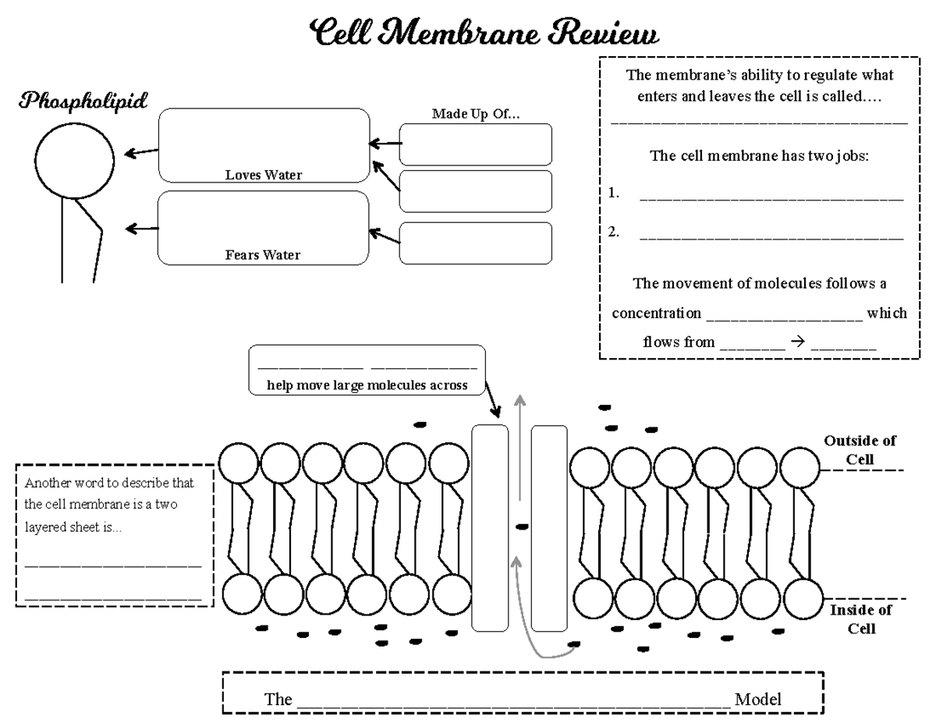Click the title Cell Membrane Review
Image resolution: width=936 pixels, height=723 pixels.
click(x=484, y=34)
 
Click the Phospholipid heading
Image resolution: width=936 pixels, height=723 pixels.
click(x=83, y=101)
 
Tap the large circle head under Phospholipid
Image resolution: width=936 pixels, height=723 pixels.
click(x=75, y=161)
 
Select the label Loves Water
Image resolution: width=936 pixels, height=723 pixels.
click(x=263, y=175)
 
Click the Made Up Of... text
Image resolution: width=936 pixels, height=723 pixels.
click(x=476, y=114)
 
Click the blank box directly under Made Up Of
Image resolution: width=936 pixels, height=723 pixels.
click(x=475, y=144)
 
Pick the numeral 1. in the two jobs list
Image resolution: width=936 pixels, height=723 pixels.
click(x=615, y=194)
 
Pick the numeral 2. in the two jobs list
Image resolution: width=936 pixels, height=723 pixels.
click(x=615, y=232)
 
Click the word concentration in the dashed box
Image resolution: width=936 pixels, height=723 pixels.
click(x=656, y=314)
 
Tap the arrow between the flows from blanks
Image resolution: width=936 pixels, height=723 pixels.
click(x=796, y=342)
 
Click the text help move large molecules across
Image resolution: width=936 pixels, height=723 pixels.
click(x=367, y=385)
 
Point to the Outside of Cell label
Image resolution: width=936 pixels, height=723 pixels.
click(x=860, y=450)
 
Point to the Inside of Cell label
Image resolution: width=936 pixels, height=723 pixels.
click(x=860, y=619)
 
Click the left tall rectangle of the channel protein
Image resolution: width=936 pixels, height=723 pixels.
click(x=490, y=527)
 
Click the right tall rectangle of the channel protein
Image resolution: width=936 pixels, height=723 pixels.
click(x=548, y=527)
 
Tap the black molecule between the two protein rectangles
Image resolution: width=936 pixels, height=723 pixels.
click(x=521, y=526)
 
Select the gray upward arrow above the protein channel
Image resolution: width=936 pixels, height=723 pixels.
click(x=519, y=445)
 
